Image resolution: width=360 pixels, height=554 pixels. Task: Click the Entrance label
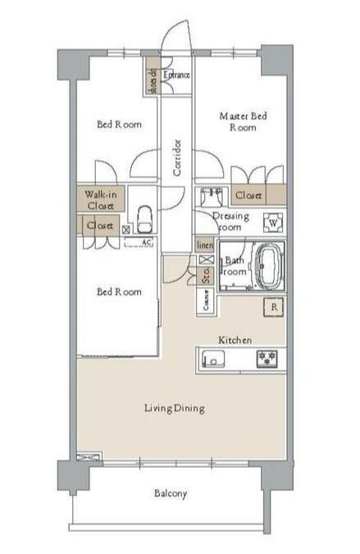coord(177,76)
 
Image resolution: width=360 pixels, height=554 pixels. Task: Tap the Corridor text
coord(176,157)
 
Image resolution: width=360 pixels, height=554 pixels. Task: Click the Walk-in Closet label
coord(100,200)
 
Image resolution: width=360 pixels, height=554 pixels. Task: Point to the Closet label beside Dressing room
coord(248,196)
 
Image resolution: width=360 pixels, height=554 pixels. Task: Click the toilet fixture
coord(145,218)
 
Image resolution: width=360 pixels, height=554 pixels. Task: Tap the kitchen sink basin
coord(213,358)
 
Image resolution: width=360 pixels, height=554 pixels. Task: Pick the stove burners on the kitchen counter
coord(267,358)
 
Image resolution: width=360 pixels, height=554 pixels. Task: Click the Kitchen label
coord(235,339)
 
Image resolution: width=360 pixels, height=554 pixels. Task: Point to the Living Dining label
coord(174,408)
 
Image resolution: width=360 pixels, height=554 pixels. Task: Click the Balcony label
coord(171,493)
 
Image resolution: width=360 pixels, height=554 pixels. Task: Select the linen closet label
coord(203,245)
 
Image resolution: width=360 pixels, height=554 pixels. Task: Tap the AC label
coord(146,243)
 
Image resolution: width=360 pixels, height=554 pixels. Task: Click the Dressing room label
coord(226,221)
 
